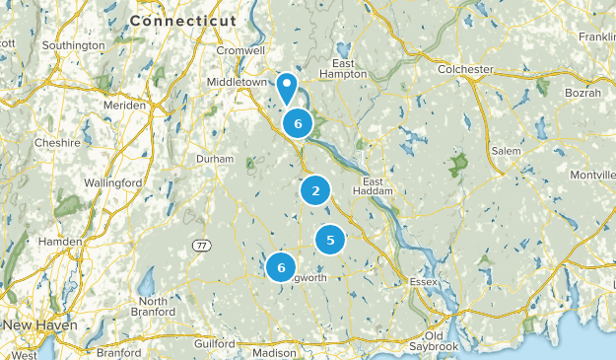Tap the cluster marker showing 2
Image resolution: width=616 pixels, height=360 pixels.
(315, 191)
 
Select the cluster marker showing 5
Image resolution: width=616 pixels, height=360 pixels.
(330, 239)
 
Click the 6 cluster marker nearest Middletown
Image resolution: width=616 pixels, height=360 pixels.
(298, 123)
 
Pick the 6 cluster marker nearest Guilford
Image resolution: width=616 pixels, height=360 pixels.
(282, 266)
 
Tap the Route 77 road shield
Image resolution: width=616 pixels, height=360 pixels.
(200, 245)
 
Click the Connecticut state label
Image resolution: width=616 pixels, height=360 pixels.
(182, 20)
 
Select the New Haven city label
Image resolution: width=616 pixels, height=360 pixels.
(40, 324)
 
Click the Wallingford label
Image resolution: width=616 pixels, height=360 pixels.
(112, 183)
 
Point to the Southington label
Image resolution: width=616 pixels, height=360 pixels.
(72, 45)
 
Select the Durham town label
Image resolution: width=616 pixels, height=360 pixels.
(215, 159)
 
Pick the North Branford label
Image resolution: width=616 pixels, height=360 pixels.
(154, 308)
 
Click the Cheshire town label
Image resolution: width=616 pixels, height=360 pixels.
(56, 142)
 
